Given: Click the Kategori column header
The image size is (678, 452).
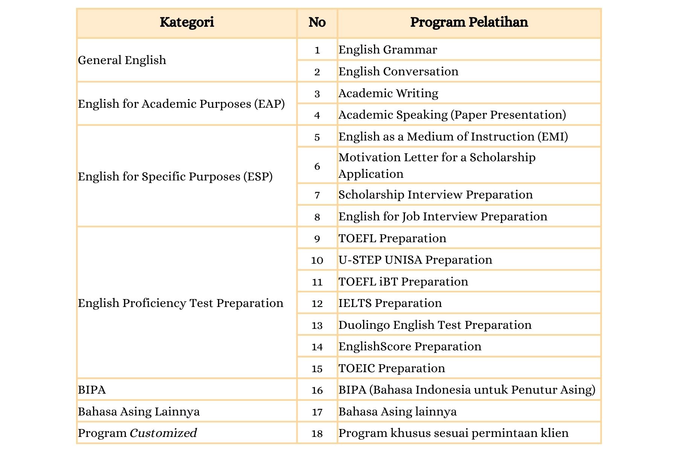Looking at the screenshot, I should [186, 22].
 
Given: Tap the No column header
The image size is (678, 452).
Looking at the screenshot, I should [317, 22].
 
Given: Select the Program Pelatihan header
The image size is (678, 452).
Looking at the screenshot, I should [469, 22].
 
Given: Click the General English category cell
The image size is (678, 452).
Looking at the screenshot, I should [122, 60].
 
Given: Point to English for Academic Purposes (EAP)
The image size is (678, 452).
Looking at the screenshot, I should [181, 104].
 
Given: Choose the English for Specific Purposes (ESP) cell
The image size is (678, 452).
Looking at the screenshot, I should [175, 176].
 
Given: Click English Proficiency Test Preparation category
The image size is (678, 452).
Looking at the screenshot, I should [180, 303].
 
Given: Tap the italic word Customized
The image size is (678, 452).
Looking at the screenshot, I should [163, 433].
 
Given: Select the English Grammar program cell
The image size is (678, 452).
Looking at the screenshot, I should [388, 49].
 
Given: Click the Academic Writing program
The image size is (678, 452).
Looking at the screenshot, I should [388, 93].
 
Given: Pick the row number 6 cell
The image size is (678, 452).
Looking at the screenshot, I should [317, 166].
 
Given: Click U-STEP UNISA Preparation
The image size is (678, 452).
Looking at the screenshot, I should [415, 260].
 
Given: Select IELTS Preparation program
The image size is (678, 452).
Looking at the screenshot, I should [390, 303].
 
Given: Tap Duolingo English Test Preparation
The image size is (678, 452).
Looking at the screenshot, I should [435, 325].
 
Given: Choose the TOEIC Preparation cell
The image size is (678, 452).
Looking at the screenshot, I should [392, 368].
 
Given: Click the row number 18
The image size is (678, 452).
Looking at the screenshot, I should [317, 434].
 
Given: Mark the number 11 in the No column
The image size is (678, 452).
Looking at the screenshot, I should [317, 282].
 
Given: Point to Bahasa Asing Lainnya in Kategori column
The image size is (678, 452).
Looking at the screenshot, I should [139, 411].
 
